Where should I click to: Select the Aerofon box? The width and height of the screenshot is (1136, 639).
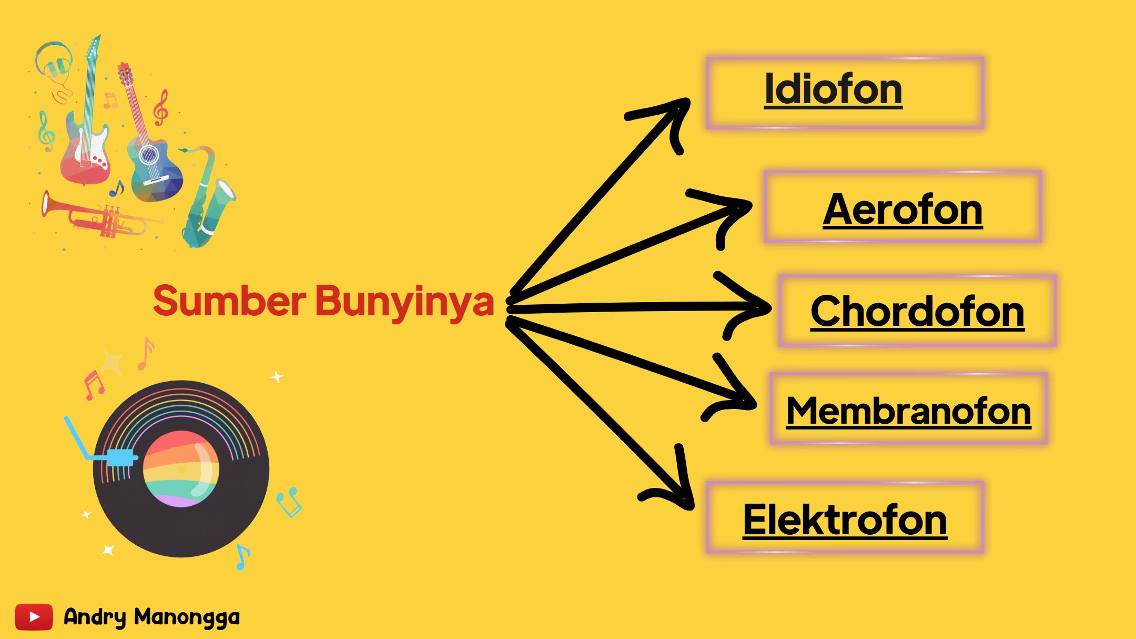[902, 206]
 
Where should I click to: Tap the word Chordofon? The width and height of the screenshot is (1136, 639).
[917, 312]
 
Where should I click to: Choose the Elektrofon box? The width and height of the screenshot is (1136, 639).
[845, 517]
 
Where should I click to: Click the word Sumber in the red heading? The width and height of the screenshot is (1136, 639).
[229, 301]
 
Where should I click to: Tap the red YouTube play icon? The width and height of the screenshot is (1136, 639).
[34, 617]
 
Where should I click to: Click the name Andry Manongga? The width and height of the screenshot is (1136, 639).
[151, 617]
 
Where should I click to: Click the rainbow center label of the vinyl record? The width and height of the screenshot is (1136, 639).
[181, 468]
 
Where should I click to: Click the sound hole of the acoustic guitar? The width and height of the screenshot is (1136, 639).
[148, 154]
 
